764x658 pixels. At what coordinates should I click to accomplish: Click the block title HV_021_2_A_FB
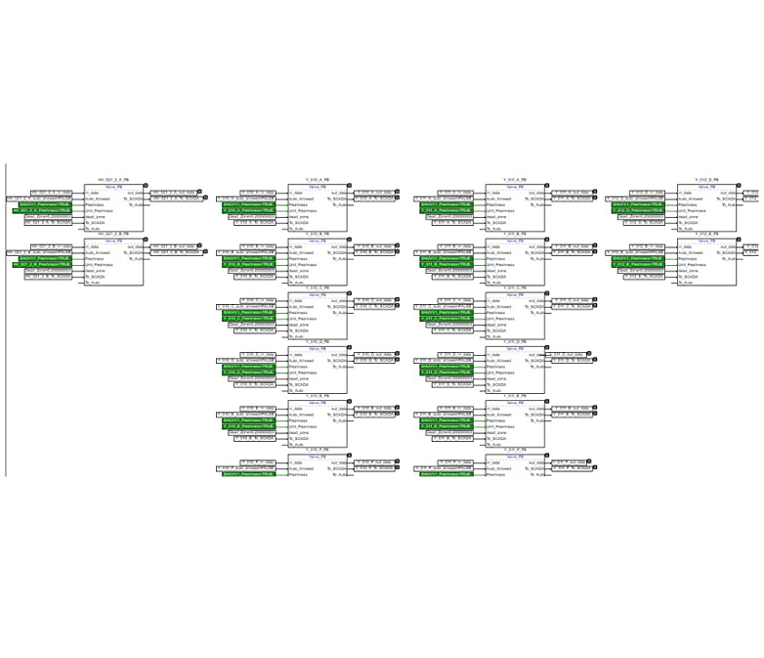click(114, 181)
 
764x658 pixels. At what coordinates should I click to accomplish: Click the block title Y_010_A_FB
click(318, 181)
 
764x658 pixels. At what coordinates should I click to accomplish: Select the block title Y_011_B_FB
click(516, 235)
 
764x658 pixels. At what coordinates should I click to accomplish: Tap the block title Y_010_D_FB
click(318, 341)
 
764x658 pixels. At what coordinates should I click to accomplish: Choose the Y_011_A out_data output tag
click(571, 193)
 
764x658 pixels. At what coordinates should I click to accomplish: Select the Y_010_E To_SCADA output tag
click(373, 414)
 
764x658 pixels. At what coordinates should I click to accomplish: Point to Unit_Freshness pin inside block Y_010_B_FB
click(296, 264)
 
